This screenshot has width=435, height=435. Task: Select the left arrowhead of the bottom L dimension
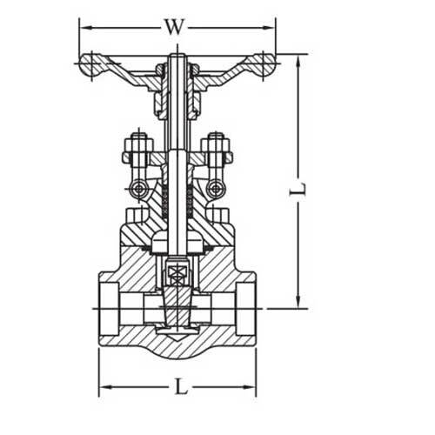tap(102, 385)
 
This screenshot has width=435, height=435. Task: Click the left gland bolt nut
tap(136, 141)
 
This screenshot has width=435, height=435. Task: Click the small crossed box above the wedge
tap(177, 277)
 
